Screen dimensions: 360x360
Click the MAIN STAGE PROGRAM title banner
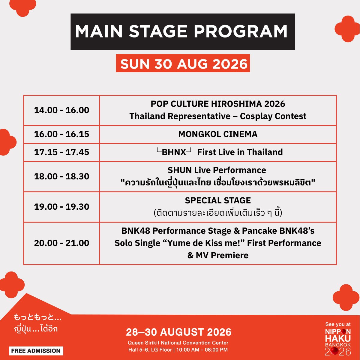pos(182,31)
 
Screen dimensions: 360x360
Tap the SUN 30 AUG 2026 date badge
pos(183,63)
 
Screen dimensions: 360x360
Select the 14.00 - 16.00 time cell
pos(62,110)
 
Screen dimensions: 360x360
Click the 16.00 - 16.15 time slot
pos(62,134)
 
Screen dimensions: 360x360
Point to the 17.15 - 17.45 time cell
pos(62,152)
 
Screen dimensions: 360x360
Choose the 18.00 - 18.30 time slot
pos(62,176)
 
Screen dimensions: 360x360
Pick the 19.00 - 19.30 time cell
pos(62,207)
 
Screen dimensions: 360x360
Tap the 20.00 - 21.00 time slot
pos(62,243)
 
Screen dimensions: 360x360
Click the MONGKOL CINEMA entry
pos(218,134)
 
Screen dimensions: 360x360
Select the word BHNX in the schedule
pos(174,152)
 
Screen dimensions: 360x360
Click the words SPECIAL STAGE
pos(218,200)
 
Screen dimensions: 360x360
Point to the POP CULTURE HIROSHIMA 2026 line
pos(218,104)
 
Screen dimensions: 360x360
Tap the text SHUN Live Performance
pos(217,170)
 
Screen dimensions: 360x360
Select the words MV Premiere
pos(222,255)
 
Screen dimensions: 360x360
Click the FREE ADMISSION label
pos(36,351)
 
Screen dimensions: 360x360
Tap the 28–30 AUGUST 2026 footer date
pos(178,332)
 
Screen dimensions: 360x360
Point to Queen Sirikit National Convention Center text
pos(178,343)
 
